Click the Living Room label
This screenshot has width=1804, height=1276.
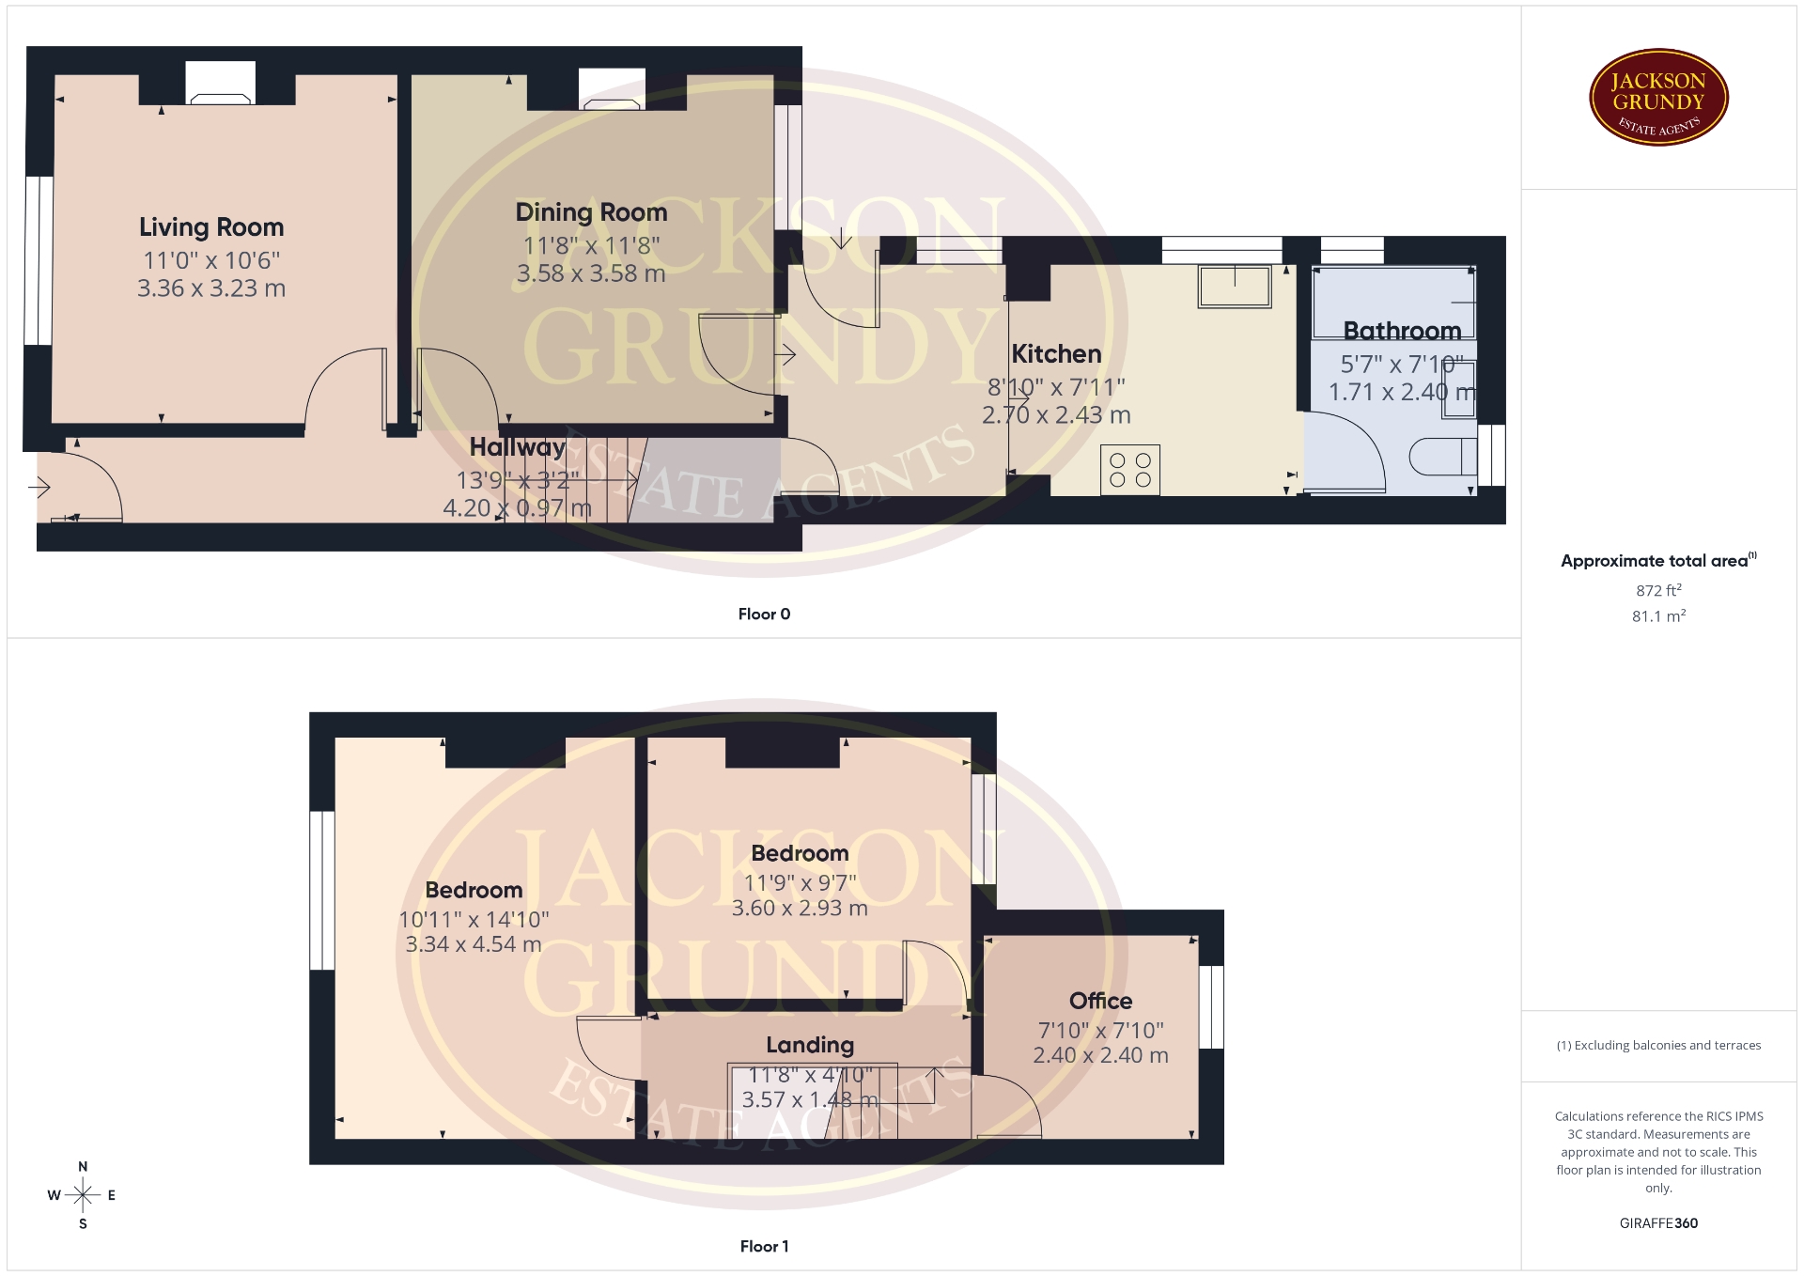[x=211, y=227]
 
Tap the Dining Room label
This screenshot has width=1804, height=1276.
[x=591, y=213]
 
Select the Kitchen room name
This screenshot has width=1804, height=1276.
[x=1056, y=354]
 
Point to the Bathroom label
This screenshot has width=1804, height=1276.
[x=1402, y=331]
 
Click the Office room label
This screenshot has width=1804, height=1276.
[x=1100, y=1001]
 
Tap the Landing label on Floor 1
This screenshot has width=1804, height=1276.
[x=810, y=1045]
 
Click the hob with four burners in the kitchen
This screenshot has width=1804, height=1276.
[x=1130, y=470]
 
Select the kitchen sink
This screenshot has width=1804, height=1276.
[x=1235, y=287]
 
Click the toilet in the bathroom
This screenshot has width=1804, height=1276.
[x=1443, y=457]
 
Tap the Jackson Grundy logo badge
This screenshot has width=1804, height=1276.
[x=1658, y=98]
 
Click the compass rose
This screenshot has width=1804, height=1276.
[x=83, y=1195]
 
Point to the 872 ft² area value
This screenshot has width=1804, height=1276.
[x=1658, y=590]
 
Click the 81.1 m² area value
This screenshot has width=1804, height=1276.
[x=1658, y=616]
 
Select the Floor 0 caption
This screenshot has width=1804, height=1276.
[x=764, y=614]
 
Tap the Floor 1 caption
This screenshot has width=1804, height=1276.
[x=764, y=1246]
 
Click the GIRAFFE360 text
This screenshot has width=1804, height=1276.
[x=1658, y=1222]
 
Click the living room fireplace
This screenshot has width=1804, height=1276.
[x=221, y=83]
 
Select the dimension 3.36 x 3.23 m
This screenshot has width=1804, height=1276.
[x=211, y=288]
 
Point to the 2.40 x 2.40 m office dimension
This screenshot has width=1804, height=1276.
[x=1100, y=1055]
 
